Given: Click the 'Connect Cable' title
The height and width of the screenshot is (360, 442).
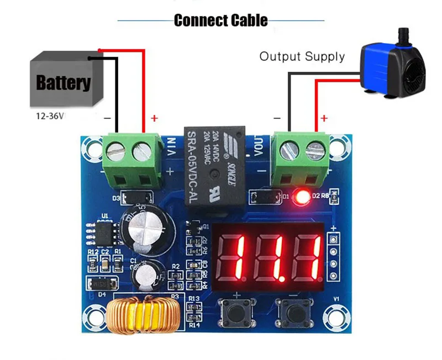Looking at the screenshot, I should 220,20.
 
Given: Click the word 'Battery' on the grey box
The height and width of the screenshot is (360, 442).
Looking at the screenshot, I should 63,83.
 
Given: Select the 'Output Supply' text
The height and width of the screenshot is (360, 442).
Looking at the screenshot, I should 302,56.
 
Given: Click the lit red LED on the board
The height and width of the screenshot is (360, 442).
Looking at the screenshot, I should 302,197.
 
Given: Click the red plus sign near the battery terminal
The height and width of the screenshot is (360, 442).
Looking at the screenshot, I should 154,118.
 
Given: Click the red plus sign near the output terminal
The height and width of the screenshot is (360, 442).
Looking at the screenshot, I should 324,118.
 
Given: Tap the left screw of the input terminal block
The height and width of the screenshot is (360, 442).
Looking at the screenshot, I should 116,149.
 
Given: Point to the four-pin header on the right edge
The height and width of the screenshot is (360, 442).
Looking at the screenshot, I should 333,257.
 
